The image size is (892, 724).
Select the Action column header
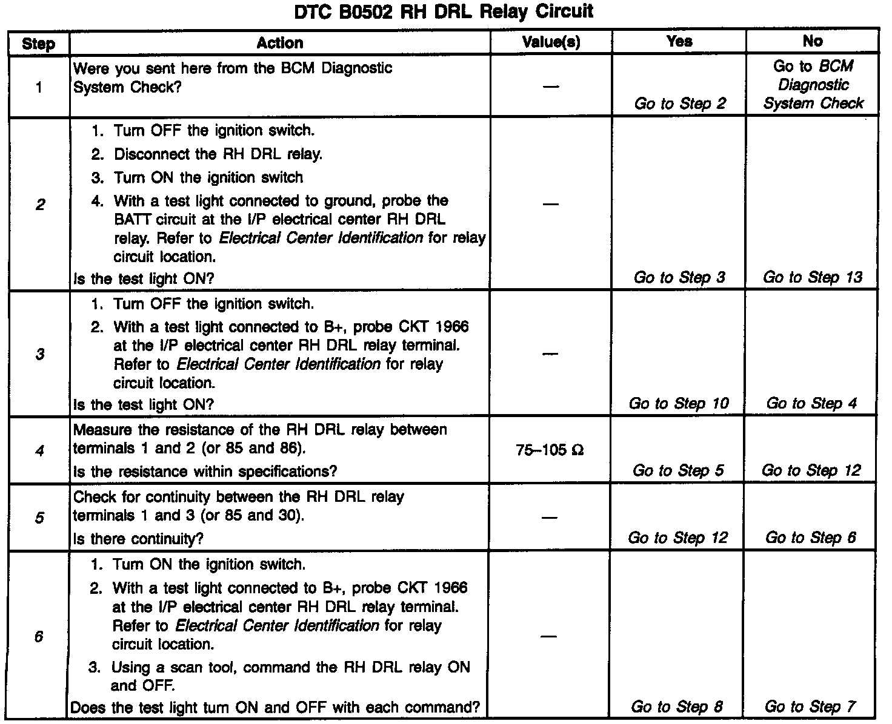(x=279, y=42)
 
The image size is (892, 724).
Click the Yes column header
(x=679, y=41)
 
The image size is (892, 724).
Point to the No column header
(x=812, y=41)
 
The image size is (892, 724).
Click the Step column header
(x=38, y=44)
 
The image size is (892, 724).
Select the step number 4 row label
(x=39, y=450)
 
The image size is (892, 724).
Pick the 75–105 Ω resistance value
(x=550, y=450)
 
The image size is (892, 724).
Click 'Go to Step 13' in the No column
(x=812, y=277)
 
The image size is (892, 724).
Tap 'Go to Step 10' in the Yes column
(x=679, y=403)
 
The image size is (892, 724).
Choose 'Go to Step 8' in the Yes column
(x=677, y=706)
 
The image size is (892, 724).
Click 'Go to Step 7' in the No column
(x=810, y=706)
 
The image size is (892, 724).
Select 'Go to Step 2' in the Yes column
(x=680, y=104)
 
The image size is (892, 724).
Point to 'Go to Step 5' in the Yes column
(x=678, y=470)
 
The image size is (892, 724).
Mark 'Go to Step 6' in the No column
(x=811, y=538)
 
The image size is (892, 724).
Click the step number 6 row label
(x=39, y=637)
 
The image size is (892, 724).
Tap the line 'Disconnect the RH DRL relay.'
(x=218, y=154)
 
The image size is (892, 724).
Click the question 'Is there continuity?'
(x=138, y=539)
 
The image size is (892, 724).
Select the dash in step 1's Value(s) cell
(x=550, y=86)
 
